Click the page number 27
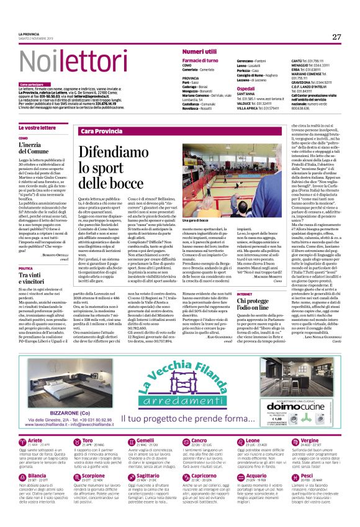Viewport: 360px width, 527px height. (x=336, y=37)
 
